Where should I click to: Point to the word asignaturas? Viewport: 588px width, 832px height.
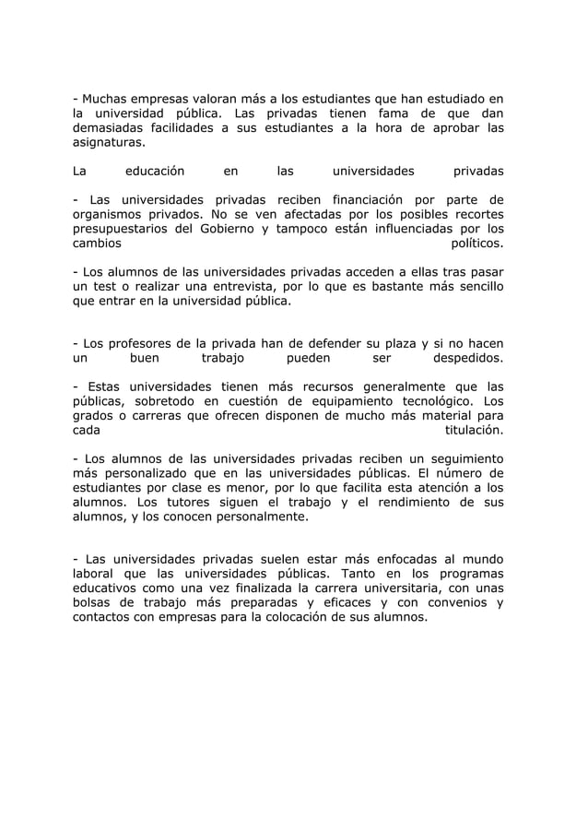click(x=110, y=145)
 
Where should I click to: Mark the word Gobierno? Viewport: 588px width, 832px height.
click(x=212, y=230)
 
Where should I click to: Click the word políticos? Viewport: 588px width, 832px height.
click(x=476, y=244)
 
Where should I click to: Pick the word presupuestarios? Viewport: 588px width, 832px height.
click(x=121, y=230)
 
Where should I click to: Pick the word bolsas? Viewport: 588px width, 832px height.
click(x=95, y=604)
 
